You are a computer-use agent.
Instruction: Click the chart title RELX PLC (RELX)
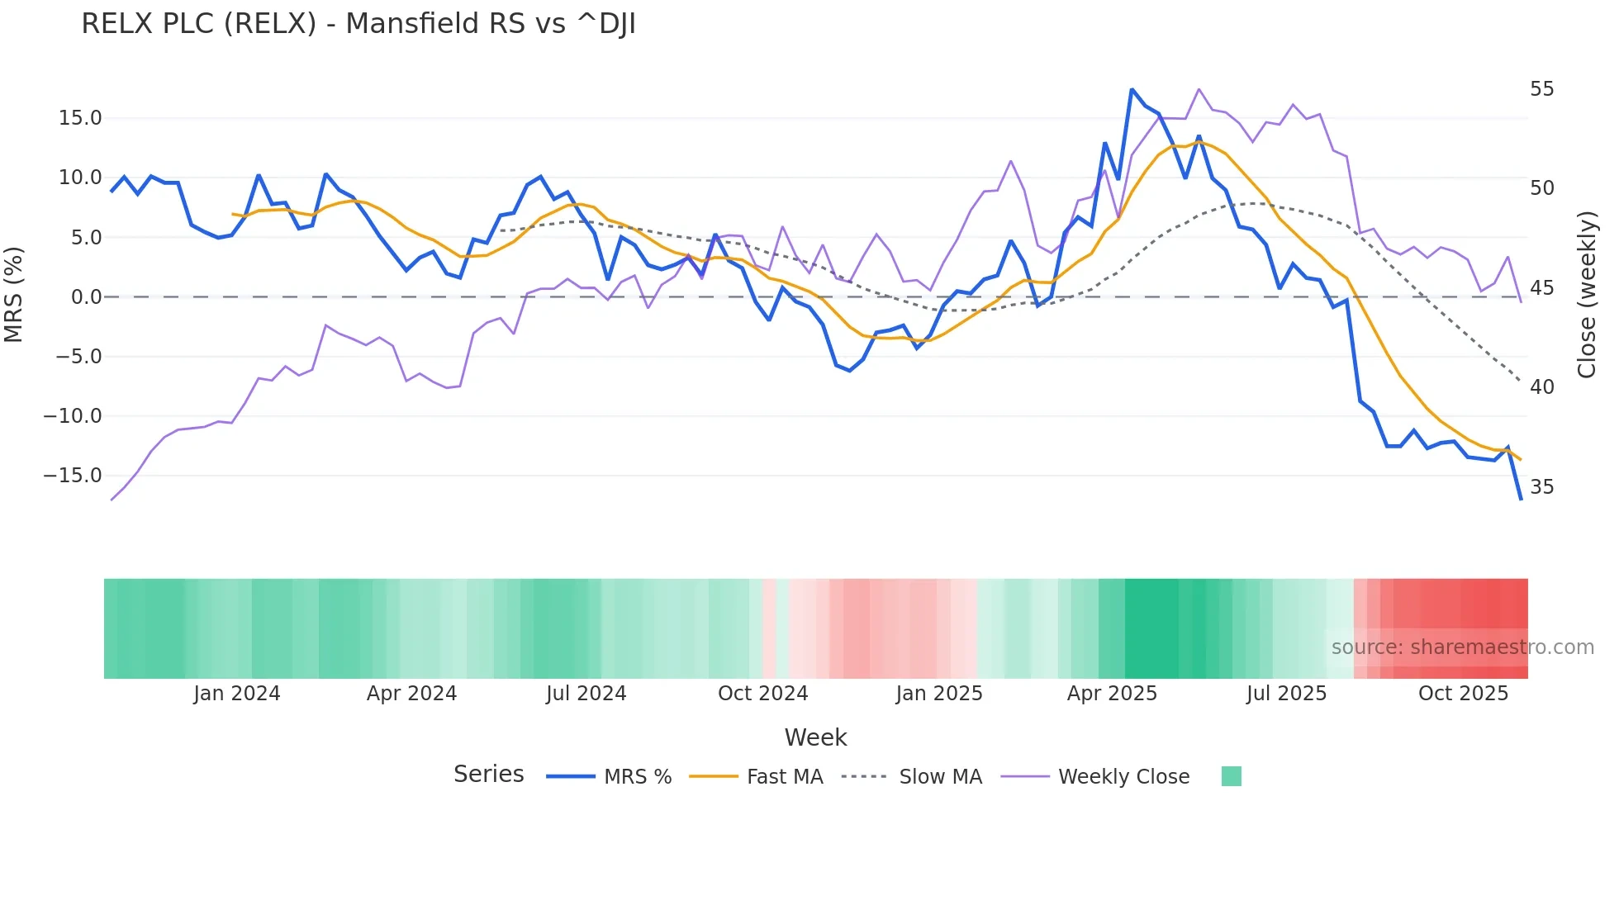pyautogui.click(x=358, y=24)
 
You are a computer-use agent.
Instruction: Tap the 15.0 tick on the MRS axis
pyautogui.click(x=80, y=118)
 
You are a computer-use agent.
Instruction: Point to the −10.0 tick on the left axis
pyautogui.click(x=73, y=416)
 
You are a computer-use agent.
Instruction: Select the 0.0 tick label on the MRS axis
pyautogui.click(x=86, y=297)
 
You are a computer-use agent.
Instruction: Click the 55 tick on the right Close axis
pyautogui.click(x=1541, y=89)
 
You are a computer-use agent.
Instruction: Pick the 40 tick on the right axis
pyautogui.click(x=1541, y=387)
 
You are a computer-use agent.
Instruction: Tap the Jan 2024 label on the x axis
pyautogui.click(x=237, y=694)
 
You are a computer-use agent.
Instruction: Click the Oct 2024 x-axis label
pyautogui.click(x=762, y=694)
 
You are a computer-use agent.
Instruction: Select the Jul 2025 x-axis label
pyautogui.click(x=1286, y=694)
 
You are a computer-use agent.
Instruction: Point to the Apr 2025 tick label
pyautogui.click(x=1112, y=694)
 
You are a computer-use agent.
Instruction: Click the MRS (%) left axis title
pyautogui.click(x=14, y=295)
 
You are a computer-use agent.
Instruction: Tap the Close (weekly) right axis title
pyautogui.click(x=1587, y=295)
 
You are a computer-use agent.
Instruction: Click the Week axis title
pyautogui.click(x=815, y=737)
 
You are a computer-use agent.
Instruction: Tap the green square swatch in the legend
pyautogui.click(x=1231, y=776)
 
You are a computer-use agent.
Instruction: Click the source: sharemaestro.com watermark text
pyautogui.click(x=1462, y=647)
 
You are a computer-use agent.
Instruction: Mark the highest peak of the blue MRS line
pyautogui.click(x=1132, y=89)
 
